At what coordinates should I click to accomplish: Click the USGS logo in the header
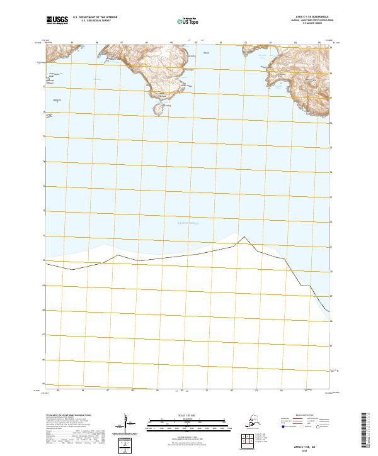57,21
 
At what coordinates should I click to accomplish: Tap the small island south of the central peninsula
158,110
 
